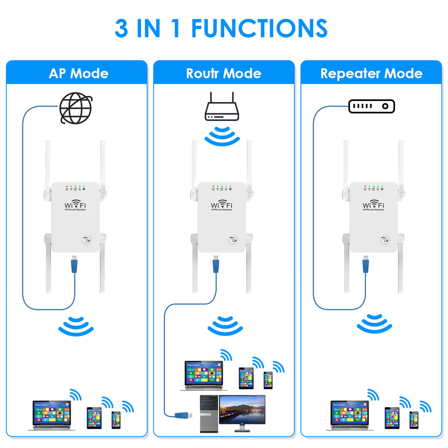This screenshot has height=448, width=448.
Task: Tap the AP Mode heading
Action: point(78,73)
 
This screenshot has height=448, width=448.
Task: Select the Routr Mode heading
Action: point(223,73)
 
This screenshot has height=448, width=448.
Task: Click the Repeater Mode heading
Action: point(371,73)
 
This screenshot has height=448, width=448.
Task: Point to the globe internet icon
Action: point(76,108)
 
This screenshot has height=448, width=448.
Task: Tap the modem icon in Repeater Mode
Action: point(372,106)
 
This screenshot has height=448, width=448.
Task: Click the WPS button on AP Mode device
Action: point(86,239)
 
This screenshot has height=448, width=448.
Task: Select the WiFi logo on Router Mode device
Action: point(222,205)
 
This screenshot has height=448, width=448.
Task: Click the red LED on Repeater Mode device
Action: point(365,186)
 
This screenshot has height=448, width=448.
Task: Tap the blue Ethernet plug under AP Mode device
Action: point(74,264)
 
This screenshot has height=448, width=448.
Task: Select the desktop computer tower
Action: point(209,414)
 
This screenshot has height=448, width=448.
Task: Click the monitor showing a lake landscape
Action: point(242,410)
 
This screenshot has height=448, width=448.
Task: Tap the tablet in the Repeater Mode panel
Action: point(392,418)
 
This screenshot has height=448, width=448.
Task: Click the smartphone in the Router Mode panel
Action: point(268,380)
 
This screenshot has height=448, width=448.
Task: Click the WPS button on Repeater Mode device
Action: point(384,239)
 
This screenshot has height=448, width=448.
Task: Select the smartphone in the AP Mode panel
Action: point(116,420)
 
